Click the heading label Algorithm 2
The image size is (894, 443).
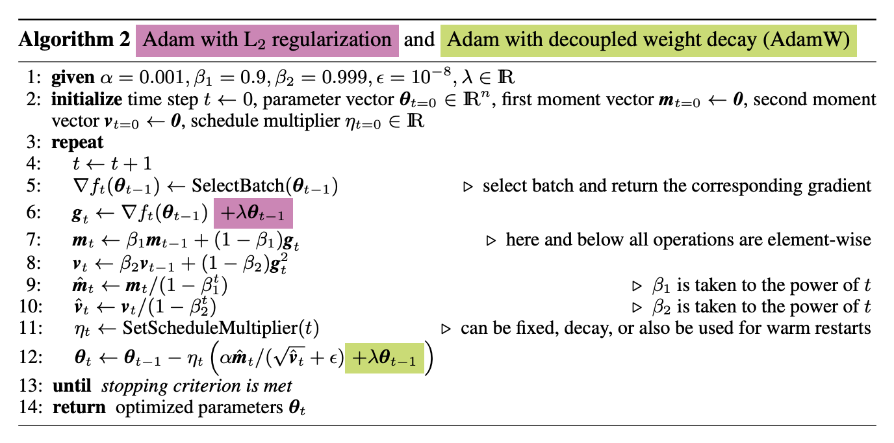74,40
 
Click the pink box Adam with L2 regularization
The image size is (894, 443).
266,40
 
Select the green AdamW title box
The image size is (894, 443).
648,40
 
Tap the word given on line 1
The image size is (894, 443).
72,79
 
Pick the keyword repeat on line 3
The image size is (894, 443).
77,142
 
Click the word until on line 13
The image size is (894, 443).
72,386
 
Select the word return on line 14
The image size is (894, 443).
79,407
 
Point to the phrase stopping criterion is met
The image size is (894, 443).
197,386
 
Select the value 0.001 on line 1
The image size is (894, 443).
157,79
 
